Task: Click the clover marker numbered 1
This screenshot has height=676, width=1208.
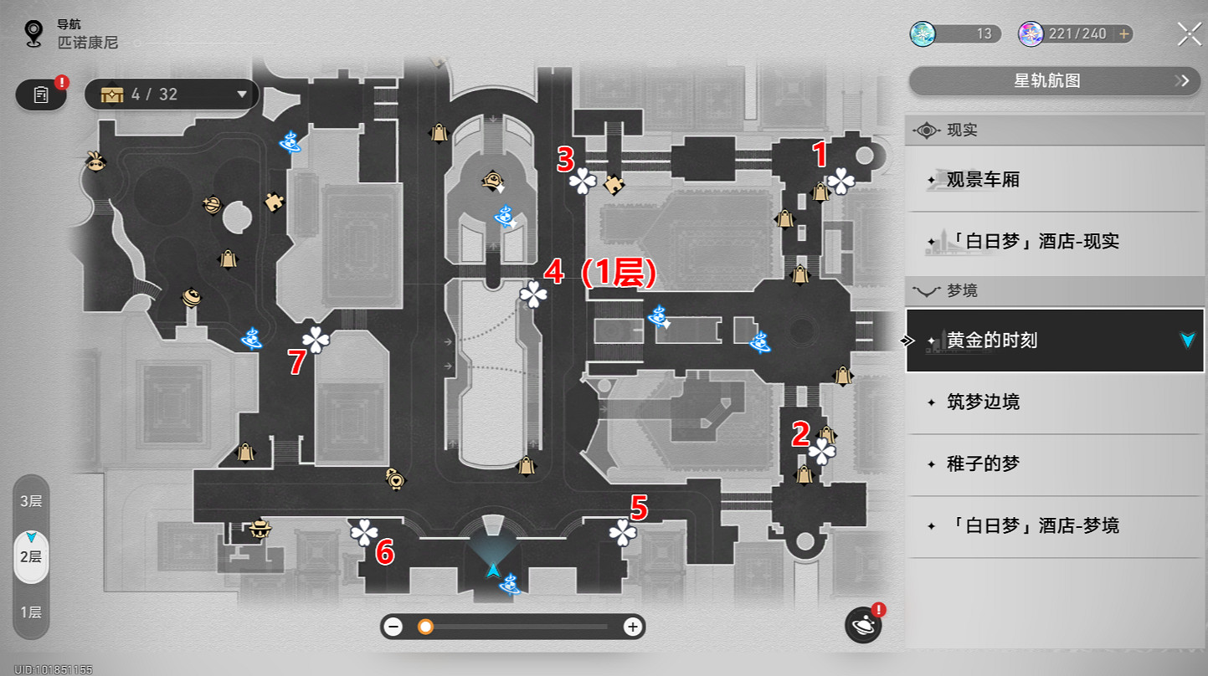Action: pyautogui.click(x=841, y=181)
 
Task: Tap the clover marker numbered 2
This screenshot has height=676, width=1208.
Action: pyautogui.click(x=822, y=452)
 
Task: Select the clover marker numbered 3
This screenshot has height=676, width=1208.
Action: pyautogui.click(x=583, y=181)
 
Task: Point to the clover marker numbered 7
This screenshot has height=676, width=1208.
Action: pyautogui.click(x=316, y=340)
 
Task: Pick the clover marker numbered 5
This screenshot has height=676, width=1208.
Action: pyautogui.click(x=623, y=533)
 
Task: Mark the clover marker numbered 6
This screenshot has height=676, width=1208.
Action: pyautogui.click(x=364, y=533)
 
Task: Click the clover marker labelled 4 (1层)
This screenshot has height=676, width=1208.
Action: pyautogui.click(x=533, y=294)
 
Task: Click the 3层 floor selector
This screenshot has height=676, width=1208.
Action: pyautogui.click(x=31, y=500)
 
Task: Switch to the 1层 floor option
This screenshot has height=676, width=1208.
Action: pyautogui.click(x=31, y=612)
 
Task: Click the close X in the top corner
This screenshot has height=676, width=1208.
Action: pyautogui.click(x=1189, y=33)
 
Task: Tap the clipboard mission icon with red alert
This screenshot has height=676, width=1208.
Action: pyautogui.click(x=41, y=94)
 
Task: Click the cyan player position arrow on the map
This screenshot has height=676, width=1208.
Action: pyautogui.click(x=492, y=571)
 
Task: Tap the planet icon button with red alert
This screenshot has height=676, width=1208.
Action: pyautogui.click(x=863, y=625)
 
